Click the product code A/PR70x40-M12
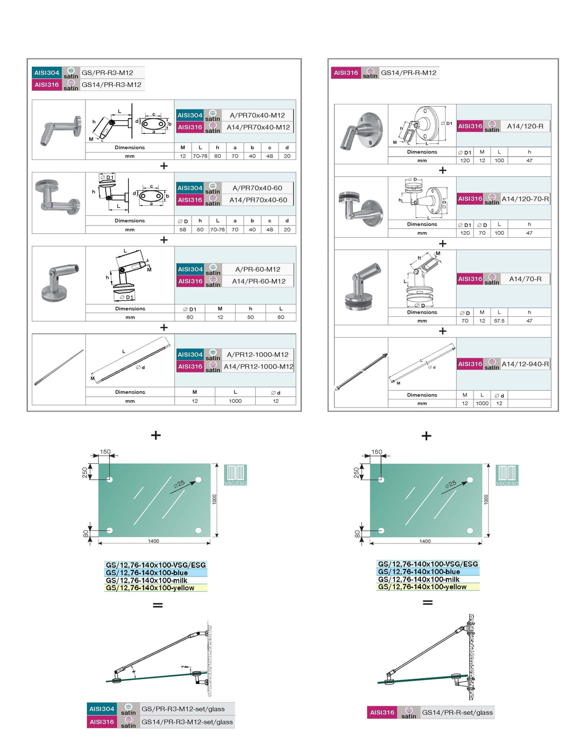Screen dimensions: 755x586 tap(257, 115)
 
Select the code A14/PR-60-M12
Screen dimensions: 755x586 tap(259, 281)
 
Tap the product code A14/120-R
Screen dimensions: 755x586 tap(525, 126)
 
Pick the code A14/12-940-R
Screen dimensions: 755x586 tap(525, 364)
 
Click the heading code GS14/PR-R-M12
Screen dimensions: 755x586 tap(408, 73)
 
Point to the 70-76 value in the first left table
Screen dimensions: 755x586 tap(200, 156)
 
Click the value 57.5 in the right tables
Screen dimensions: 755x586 tap(499, 321)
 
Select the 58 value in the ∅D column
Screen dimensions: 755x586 tap(183, 229)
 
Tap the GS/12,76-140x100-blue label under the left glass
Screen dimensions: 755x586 tap(147, 573)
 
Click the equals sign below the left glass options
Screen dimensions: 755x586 tap(157, 605)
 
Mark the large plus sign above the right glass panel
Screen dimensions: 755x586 tap(426, 436)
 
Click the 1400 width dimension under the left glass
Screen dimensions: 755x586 tap(153, 541)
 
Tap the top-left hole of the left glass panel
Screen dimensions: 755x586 tap(110, 480)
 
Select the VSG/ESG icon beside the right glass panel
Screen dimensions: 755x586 tap(507, 475)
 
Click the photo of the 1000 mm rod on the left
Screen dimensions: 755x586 tap(59, 368)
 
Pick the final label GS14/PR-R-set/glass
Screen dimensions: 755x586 tap(457, 712)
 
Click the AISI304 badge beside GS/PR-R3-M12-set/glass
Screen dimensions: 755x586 tap(102, 709)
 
